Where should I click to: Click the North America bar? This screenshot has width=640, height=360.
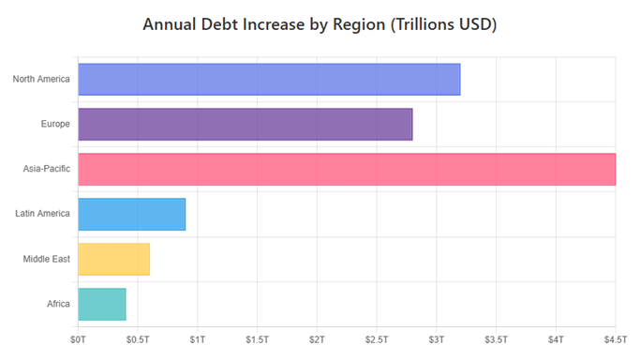[x=269, y=79]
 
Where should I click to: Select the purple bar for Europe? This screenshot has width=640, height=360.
[x=246, y=124]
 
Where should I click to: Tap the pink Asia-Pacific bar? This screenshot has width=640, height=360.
[x=347, y=169]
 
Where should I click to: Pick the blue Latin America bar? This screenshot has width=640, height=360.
[x=132, y=214]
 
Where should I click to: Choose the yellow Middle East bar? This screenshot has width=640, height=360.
[x=114, y=259]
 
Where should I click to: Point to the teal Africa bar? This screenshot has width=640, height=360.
[x=102, y=304]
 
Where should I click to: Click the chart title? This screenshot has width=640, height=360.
[x=320, y=23]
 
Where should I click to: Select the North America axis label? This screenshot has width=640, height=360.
[x=41, y=79]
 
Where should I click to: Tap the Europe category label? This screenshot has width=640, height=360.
[x=55, y=124]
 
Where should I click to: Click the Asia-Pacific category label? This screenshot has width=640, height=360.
[x=47, y=169]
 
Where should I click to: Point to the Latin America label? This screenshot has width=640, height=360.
[x=43, y=214]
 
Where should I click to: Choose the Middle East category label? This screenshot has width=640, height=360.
[x=47, y=259]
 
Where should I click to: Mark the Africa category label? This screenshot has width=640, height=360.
[x=58, y=304]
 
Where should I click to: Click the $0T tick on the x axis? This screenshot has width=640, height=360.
[x=79, y=337]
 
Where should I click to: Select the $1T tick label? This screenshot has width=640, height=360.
[x=198, y=337]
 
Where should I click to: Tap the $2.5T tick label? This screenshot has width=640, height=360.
[x=377, y=337]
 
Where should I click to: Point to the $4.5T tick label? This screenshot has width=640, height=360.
[x=615, y=337]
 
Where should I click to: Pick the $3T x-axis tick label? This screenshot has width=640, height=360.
[x=437, y=337]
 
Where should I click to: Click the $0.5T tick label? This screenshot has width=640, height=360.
[x=138, y=337]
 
